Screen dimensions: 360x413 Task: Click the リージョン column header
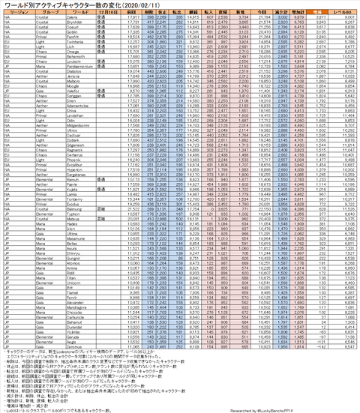point(16,13)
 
